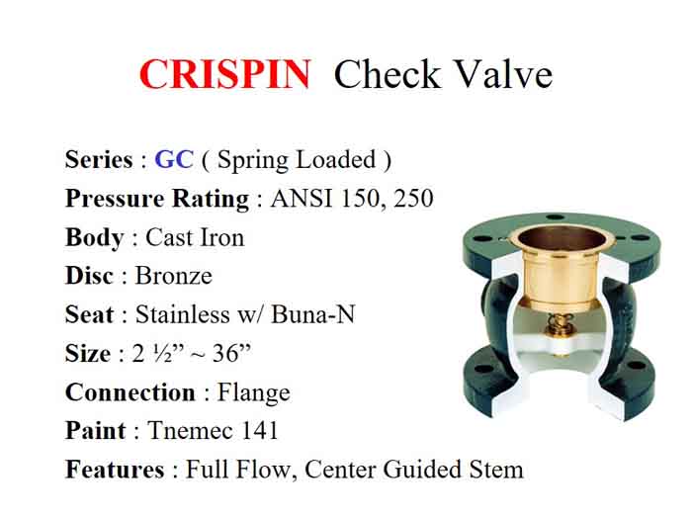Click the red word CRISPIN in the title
224,75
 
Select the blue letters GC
174,160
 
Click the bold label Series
99,160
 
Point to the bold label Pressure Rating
157,199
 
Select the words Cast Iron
195,237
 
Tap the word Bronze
174,276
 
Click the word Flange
252,392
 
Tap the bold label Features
115,470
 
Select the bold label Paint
96,431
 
